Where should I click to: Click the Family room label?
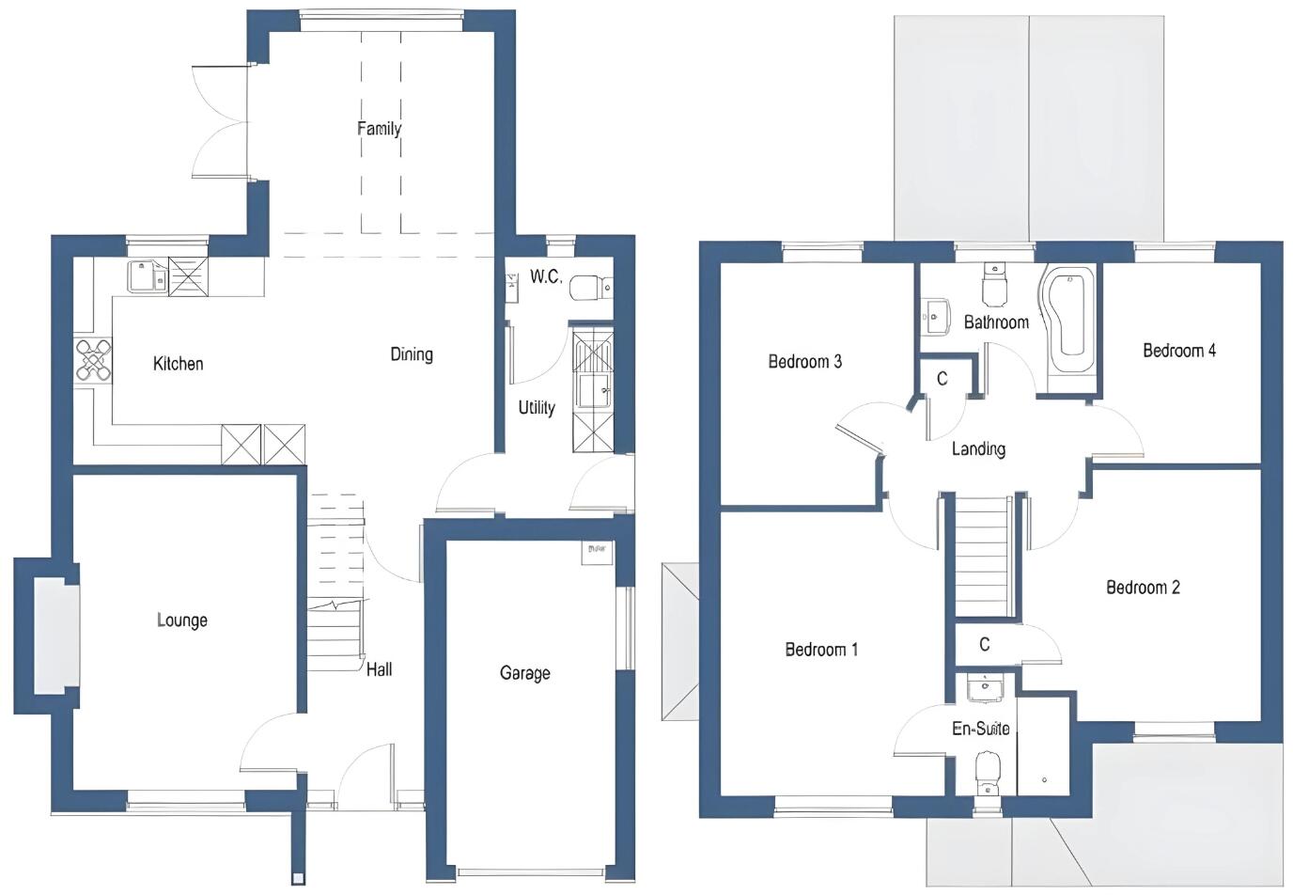[x=379, y=129]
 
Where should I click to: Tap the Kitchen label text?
[x=178, y=364]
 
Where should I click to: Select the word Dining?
[x=412, y=354]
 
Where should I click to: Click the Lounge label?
[x=182, y=620]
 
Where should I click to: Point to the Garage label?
[x=524, y=673]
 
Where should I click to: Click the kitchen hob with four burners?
[x=94, y=360]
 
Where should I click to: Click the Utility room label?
[x=537, y=408]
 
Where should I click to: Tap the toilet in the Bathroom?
[x=994, y=285]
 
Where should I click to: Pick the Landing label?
[x=978, y=449]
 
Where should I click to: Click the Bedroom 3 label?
[x=804, y=362]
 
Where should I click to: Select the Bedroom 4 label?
[x=1179, y=351]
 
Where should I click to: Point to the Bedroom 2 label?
[x=1143, y=588]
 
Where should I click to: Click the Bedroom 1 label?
[x=821, y=650]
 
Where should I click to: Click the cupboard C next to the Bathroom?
[x=942, y=379]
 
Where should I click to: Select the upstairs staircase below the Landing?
[x=982, y=555]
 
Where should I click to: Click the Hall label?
[x=380, y=669]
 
